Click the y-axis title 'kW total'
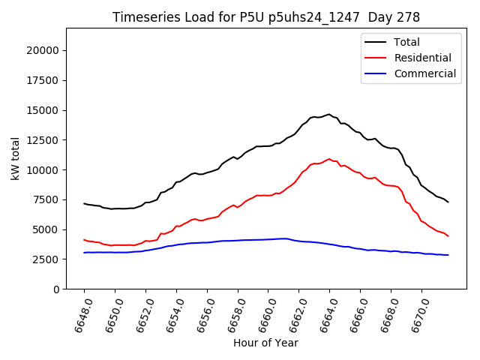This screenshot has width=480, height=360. (x=16, y=158)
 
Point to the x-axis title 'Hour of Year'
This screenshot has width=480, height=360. (x=265, y=343)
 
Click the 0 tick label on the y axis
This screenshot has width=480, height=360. (x=57, y=289)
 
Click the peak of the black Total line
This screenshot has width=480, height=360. (x=328, y=115)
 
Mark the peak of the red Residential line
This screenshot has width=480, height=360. (x=328, y=159)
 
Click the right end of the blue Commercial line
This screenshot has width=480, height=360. (x=448, y=255)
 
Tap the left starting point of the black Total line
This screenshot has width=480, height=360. (x=84, y=203)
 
